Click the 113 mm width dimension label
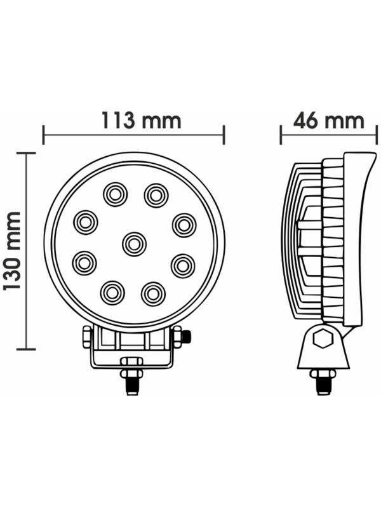[x=142, y=121]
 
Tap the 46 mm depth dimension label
[x=328, y=121]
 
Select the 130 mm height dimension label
[x=12, y=251]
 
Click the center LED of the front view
[x=134, y=244]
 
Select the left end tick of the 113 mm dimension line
[x=43, y=135]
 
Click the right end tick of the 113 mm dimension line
[x=224, y=135]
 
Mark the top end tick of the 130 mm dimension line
[x=26, y=153]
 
